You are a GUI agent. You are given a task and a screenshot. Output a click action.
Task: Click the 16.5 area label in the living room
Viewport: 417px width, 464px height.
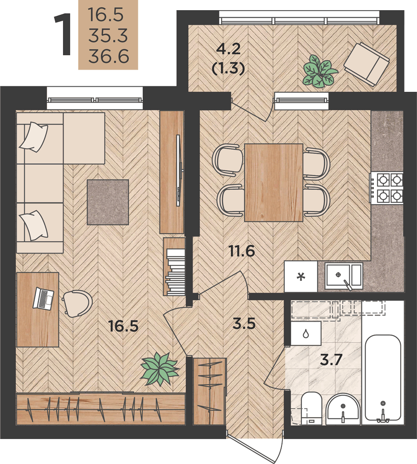123,326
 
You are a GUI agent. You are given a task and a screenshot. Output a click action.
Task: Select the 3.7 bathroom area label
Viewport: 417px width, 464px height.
331,360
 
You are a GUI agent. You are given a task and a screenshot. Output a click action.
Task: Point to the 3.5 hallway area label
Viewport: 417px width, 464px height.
244,324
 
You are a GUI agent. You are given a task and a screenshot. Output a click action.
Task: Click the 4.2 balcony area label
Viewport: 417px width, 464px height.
228,49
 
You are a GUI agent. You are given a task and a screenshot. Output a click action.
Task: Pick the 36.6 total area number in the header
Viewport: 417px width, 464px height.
109,56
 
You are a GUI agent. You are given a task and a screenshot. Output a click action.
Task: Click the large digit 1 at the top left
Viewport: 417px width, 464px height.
63,34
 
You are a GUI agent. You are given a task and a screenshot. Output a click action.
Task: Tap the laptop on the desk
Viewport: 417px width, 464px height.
43,298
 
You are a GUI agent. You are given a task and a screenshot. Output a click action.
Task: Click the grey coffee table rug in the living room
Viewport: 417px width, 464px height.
108,202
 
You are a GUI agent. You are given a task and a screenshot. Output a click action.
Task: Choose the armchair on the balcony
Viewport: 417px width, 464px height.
366,64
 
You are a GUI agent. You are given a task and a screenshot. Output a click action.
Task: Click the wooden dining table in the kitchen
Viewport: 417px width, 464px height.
274,182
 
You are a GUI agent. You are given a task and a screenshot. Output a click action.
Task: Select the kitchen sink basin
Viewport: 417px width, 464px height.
344,276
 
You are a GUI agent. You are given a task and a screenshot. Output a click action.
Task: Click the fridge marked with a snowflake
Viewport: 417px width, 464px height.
301,277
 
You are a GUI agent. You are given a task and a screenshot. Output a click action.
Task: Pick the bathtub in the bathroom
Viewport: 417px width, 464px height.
383,378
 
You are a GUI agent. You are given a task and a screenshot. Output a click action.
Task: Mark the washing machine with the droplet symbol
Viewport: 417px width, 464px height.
306,334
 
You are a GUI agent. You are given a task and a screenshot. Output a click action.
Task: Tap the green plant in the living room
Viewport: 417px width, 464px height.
160,369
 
